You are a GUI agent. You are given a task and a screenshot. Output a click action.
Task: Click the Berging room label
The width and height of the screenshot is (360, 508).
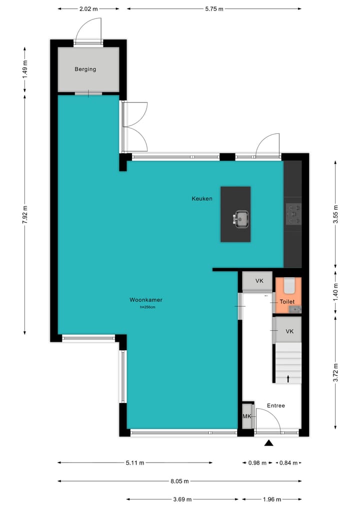point(85,69)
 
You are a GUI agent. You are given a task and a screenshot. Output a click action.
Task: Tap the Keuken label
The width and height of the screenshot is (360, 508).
point(202,198)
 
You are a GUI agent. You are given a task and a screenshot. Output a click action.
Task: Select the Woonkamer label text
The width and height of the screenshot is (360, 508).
point(145,300)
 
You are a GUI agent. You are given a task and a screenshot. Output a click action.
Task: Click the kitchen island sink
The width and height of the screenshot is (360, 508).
point(241,218)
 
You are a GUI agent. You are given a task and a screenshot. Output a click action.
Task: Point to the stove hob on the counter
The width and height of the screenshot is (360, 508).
point(293,214)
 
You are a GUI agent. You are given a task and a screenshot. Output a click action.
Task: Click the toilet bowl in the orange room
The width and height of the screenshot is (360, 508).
point(288,286)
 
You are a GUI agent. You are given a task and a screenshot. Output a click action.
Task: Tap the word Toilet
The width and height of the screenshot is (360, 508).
point(287,302)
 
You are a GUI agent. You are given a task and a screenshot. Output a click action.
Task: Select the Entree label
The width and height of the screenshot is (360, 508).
point(275,406)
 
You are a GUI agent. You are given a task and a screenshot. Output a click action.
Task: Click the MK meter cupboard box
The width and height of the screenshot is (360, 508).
point(247,417)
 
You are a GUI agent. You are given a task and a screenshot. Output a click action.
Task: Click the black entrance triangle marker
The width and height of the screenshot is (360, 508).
point(269,443)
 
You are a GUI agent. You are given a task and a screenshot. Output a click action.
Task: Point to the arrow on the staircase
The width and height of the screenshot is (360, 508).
point(288,379)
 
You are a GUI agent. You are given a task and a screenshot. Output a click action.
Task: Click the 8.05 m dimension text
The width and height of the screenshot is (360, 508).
point(179,481)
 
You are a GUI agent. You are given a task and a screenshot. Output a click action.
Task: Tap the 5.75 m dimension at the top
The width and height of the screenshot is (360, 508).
point(214,8)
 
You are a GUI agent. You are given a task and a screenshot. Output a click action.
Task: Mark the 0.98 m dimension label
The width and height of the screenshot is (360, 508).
point(257,463)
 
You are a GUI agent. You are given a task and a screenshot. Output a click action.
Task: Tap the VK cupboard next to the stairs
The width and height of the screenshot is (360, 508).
point(289,332)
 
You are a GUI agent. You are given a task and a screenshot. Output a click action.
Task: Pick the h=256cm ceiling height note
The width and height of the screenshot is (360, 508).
point(148,307)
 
